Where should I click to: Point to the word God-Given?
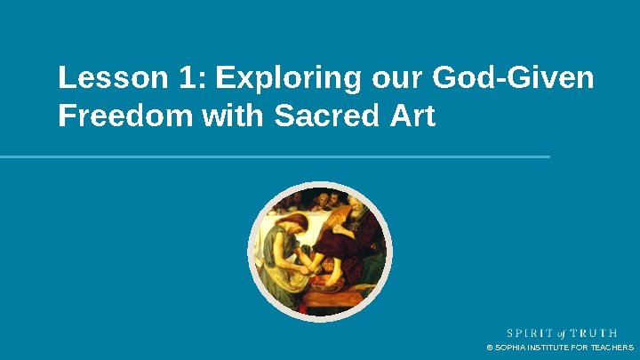512,79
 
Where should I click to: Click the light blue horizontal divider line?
275,156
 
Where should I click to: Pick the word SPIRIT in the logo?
526,333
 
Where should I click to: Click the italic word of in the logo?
562,333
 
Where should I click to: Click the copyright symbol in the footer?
489,348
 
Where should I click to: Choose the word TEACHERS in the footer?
612,348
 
